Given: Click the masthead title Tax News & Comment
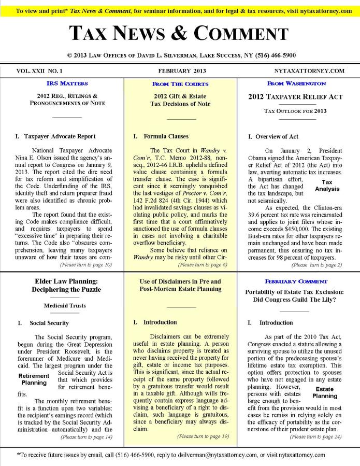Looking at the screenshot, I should pos(179,34).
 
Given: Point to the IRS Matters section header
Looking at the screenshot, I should pos(67,83).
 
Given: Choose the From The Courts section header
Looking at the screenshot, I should pos(180,84).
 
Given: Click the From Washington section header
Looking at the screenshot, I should pos(297,83).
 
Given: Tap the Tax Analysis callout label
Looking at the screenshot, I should pos(327,186).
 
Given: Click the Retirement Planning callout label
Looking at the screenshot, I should pos(34,379).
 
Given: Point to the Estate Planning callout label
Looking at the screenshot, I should pos(324,392).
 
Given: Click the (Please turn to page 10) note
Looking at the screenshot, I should pos(86,265).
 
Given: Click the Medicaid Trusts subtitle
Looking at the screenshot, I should pos(65,306).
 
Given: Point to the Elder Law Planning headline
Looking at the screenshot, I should pos(65,285).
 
